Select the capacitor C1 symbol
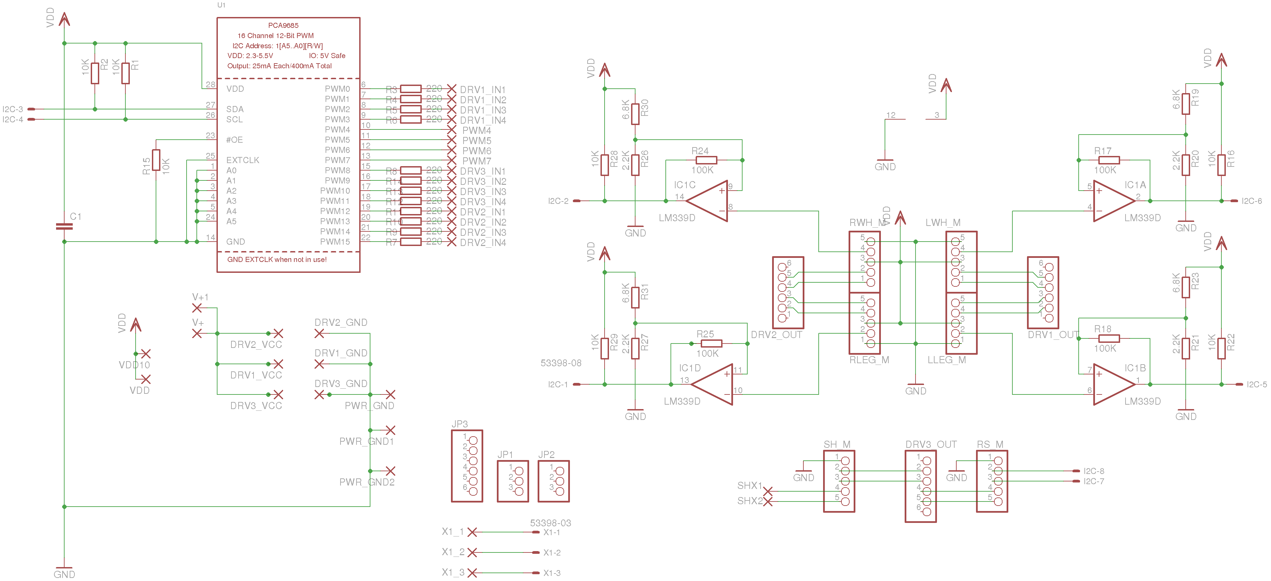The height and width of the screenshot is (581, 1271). tap(64, 226)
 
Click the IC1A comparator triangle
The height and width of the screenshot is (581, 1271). tap(1113, 201)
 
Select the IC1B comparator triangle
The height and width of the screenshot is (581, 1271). tap(1113, 384)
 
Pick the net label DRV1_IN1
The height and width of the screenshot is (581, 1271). tap(483, 90)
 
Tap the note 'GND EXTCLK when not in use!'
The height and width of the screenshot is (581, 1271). tap(277, 260)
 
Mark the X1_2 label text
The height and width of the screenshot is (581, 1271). tap(453, 552)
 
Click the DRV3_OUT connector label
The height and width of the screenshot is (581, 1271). tap(930, 444)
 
